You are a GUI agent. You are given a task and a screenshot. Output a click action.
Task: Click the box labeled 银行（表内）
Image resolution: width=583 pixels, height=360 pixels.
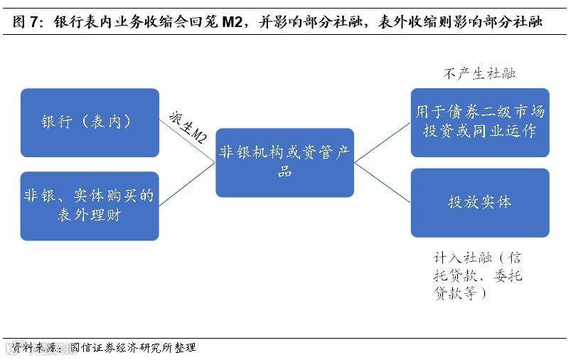pos(90,122)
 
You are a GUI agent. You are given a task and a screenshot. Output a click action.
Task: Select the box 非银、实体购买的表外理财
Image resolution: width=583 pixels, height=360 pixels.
pos(90,206)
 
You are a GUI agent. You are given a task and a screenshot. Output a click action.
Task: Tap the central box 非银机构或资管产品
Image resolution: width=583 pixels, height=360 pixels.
pos(284,162)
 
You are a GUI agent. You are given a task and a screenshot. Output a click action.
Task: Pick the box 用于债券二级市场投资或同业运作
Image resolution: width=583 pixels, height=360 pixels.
pos(480,122)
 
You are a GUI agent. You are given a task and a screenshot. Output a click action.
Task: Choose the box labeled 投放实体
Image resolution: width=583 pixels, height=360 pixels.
pos(480,203)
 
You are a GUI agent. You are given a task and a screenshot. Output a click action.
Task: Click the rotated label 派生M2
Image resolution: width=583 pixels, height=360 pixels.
pos(188,126)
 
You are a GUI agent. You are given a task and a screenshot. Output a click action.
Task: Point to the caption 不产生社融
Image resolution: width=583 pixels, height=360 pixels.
pos(479,73)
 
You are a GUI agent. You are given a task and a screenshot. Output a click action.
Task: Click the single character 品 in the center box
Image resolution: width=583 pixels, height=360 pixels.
pos(284,171)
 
